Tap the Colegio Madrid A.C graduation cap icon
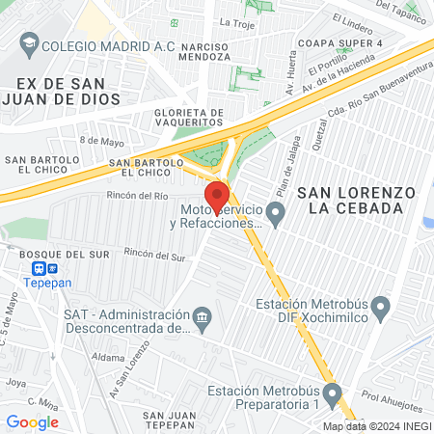click(x=29, y=43)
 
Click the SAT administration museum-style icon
click(x=202, y=316)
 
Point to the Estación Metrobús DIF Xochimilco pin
click(x=380, y=310)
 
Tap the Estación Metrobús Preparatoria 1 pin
click(x=333, y=393)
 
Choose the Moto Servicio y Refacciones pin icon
click(x=276, y=213)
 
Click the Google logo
click(x=32, y=421)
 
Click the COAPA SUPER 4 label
click(x=339, y=44)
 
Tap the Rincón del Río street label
click(x=140, y=195)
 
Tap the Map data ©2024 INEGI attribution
click(x=376, y=426)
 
